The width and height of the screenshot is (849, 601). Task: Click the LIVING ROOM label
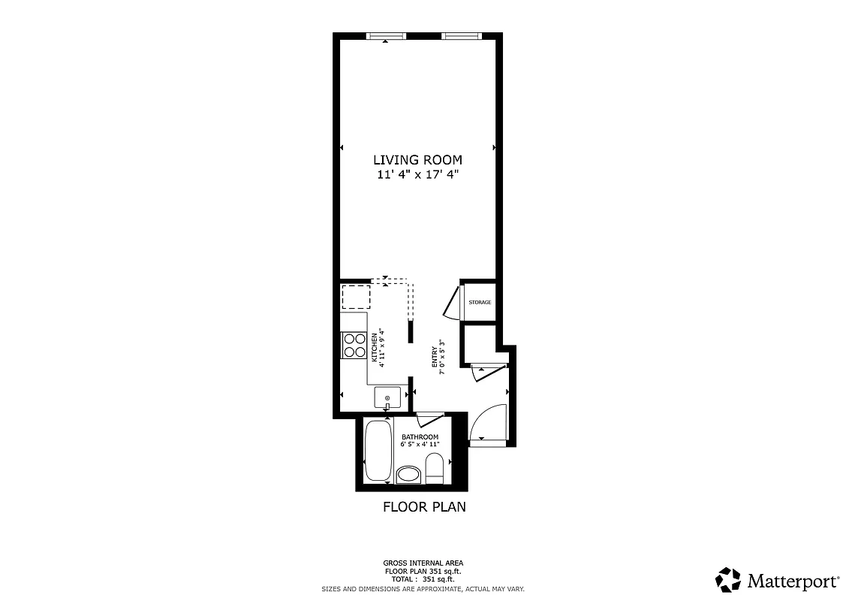[417, 160]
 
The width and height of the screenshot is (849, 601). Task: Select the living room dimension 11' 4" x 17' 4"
[417, 175]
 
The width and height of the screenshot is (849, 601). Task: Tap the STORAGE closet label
[480, 302]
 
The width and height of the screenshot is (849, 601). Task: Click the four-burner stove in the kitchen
[354, 345]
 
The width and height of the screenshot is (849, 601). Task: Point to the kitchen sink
[387, 397]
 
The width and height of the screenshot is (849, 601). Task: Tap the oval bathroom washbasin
[408, 474]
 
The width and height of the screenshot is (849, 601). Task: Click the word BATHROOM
[420, 437]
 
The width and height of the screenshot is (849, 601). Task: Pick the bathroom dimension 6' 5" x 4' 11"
[420, 445]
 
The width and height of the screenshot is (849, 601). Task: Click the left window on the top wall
[386, 35]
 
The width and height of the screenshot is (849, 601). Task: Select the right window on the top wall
[461, 35]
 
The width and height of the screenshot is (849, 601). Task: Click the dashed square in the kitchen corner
[356, 297]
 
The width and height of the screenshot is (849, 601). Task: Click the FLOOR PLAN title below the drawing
[424, 507]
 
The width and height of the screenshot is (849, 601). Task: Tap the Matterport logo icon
[728, 580]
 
